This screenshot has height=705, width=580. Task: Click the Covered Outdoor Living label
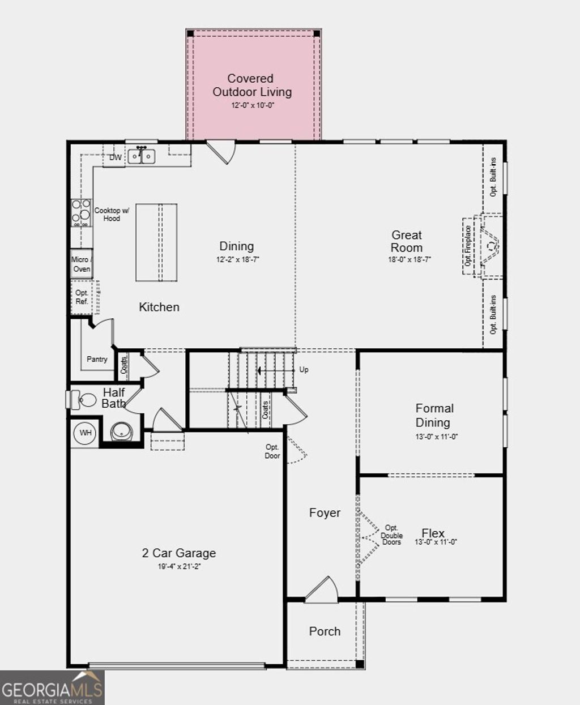pyautogui.click(x=252, y=85)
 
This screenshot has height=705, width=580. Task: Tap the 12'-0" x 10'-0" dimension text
pyautogui.click(x=253, y=105)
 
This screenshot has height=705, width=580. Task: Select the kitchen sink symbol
pyautogui.click(x=141, y=155)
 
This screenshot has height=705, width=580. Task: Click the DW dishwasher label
pyautogui.click(x=115, y=157)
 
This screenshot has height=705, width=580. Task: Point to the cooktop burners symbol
pyautogui.click(x=81, y=212)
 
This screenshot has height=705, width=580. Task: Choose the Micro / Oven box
pyautogui.click(x=81, y=264)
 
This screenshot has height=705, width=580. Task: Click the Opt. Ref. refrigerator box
pyautogui.click(x=82, y=297)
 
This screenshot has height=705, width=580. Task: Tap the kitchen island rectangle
pyautogui.click(x=156, y=242)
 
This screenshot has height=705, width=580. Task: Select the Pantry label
pyautogui.click(x=97, y=359)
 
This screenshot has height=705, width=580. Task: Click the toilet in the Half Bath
pyautogui.click(x=85, y=400)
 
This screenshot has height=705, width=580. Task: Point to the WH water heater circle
pyautogui.click(x=85, y=433)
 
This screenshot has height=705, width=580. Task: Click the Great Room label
pyautogui.click(x=407, y=241)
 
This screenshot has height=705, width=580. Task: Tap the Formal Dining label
pyautogui.click(x=434, y=415)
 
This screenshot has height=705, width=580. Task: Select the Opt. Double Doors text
pyautogui.click(x=391, y=535)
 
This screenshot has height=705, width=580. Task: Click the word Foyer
pyautogui.click(x=325, y=512)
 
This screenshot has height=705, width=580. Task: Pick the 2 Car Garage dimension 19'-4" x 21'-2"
pyautogui.click(x=180, y=566)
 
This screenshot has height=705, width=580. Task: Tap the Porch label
pyautogui.click(x=325, y=631)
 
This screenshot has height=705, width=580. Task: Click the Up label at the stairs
pyautogui.click(x=304, y=370)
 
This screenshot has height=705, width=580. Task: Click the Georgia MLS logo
pyautogui.click(x=52, y=689)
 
